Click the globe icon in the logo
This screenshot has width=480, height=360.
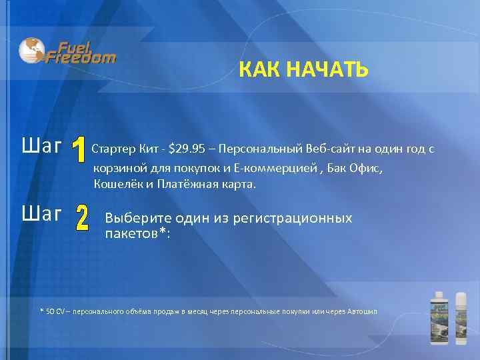tap(31, 49)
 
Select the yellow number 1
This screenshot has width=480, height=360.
tap(79, 151)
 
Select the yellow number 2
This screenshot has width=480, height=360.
tap(82, 219)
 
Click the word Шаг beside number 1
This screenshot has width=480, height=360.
tap(42, 146)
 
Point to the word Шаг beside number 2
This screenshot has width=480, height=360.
tap(42, 214)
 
